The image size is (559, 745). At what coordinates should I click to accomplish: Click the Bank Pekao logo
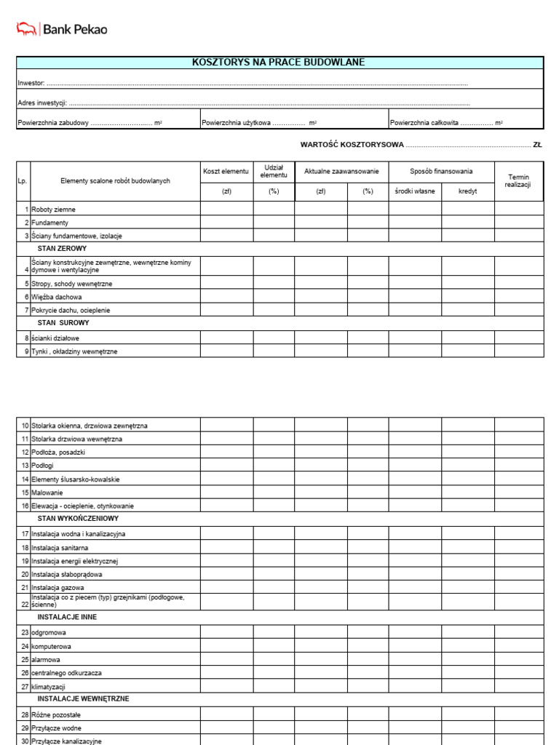pyautogui.click(x=62, y=29)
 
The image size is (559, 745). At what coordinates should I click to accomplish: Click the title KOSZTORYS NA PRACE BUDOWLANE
pyautogui.click(x=279, y=63)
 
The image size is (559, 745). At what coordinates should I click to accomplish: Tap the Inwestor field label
pyautogui.click(x=31, y=84)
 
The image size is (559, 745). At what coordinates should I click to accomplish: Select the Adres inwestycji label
pyautogui.click(x=42, y=103)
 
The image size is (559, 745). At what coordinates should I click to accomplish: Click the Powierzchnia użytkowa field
pyautogui.click(x=261, y=123)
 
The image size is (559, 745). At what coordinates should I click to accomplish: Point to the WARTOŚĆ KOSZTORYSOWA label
pyautogui.click(x=352, y=145)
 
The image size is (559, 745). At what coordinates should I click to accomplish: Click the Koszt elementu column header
pyautogui.click(x=226, y=171)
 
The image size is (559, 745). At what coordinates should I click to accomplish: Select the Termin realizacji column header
pyautogui.click(x=518, y=181)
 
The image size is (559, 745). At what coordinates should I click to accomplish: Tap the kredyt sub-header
pyautogui.click(x=468, y=191)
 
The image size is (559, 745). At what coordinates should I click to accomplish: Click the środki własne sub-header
pyautogui.click(x=414, y=191)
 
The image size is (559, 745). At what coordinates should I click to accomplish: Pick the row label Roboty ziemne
pyautogui.click(x=53, y=210)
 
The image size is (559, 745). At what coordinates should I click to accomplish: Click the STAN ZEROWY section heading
pyautogui.click(x=62, y=248)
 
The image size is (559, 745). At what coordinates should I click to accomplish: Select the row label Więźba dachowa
pyautogui.click(x=57, y=297)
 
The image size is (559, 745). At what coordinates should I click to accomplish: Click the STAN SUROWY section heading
pyautogui.click(x=63, y=322)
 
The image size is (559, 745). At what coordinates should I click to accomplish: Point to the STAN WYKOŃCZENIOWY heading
pyautogui.click(x=78, y=519)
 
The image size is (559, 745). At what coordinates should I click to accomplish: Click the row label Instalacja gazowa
pyautogui.click(x=58, y=587)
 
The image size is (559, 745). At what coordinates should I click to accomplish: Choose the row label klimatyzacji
pyautogui.click(x=49, y=687)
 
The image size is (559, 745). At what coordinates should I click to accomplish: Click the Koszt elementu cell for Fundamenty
pyautogui.click(x=226, y=222)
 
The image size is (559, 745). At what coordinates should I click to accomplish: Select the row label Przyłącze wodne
pyautogui.click(x=56, y=728)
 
